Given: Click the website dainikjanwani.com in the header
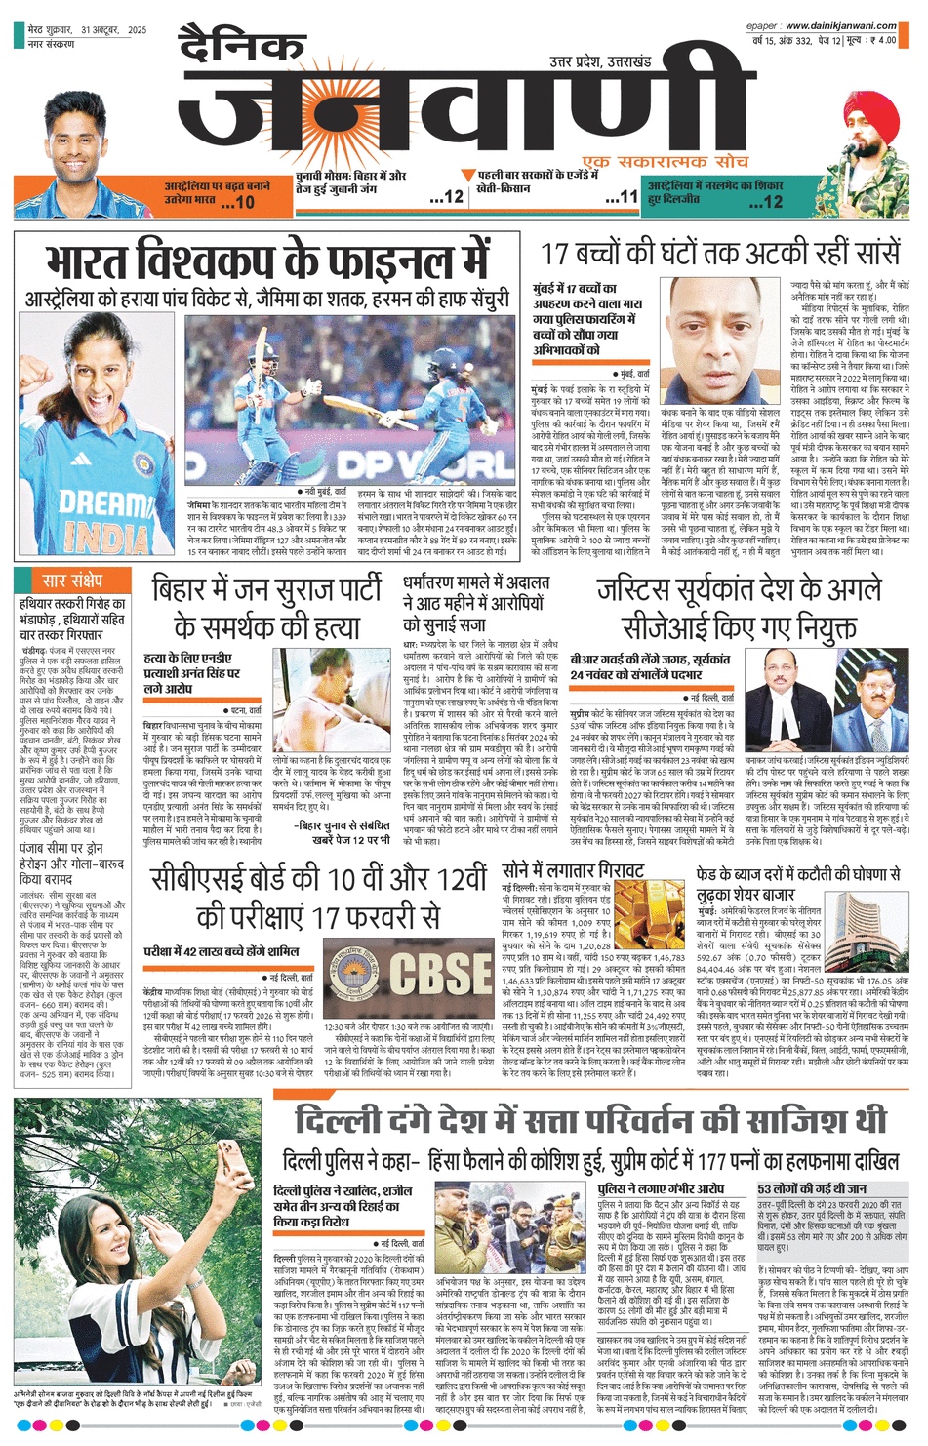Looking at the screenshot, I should point(840,26).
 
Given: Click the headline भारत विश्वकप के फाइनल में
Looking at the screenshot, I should point(267,261).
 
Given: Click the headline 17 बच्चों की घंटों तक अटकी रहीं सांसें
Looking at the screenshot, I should point(719,254).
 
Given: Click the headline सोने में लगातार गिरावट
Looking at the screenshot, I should point(574,869).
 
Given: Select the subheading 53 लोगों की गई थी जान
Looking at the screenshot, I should point(812,1189).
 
